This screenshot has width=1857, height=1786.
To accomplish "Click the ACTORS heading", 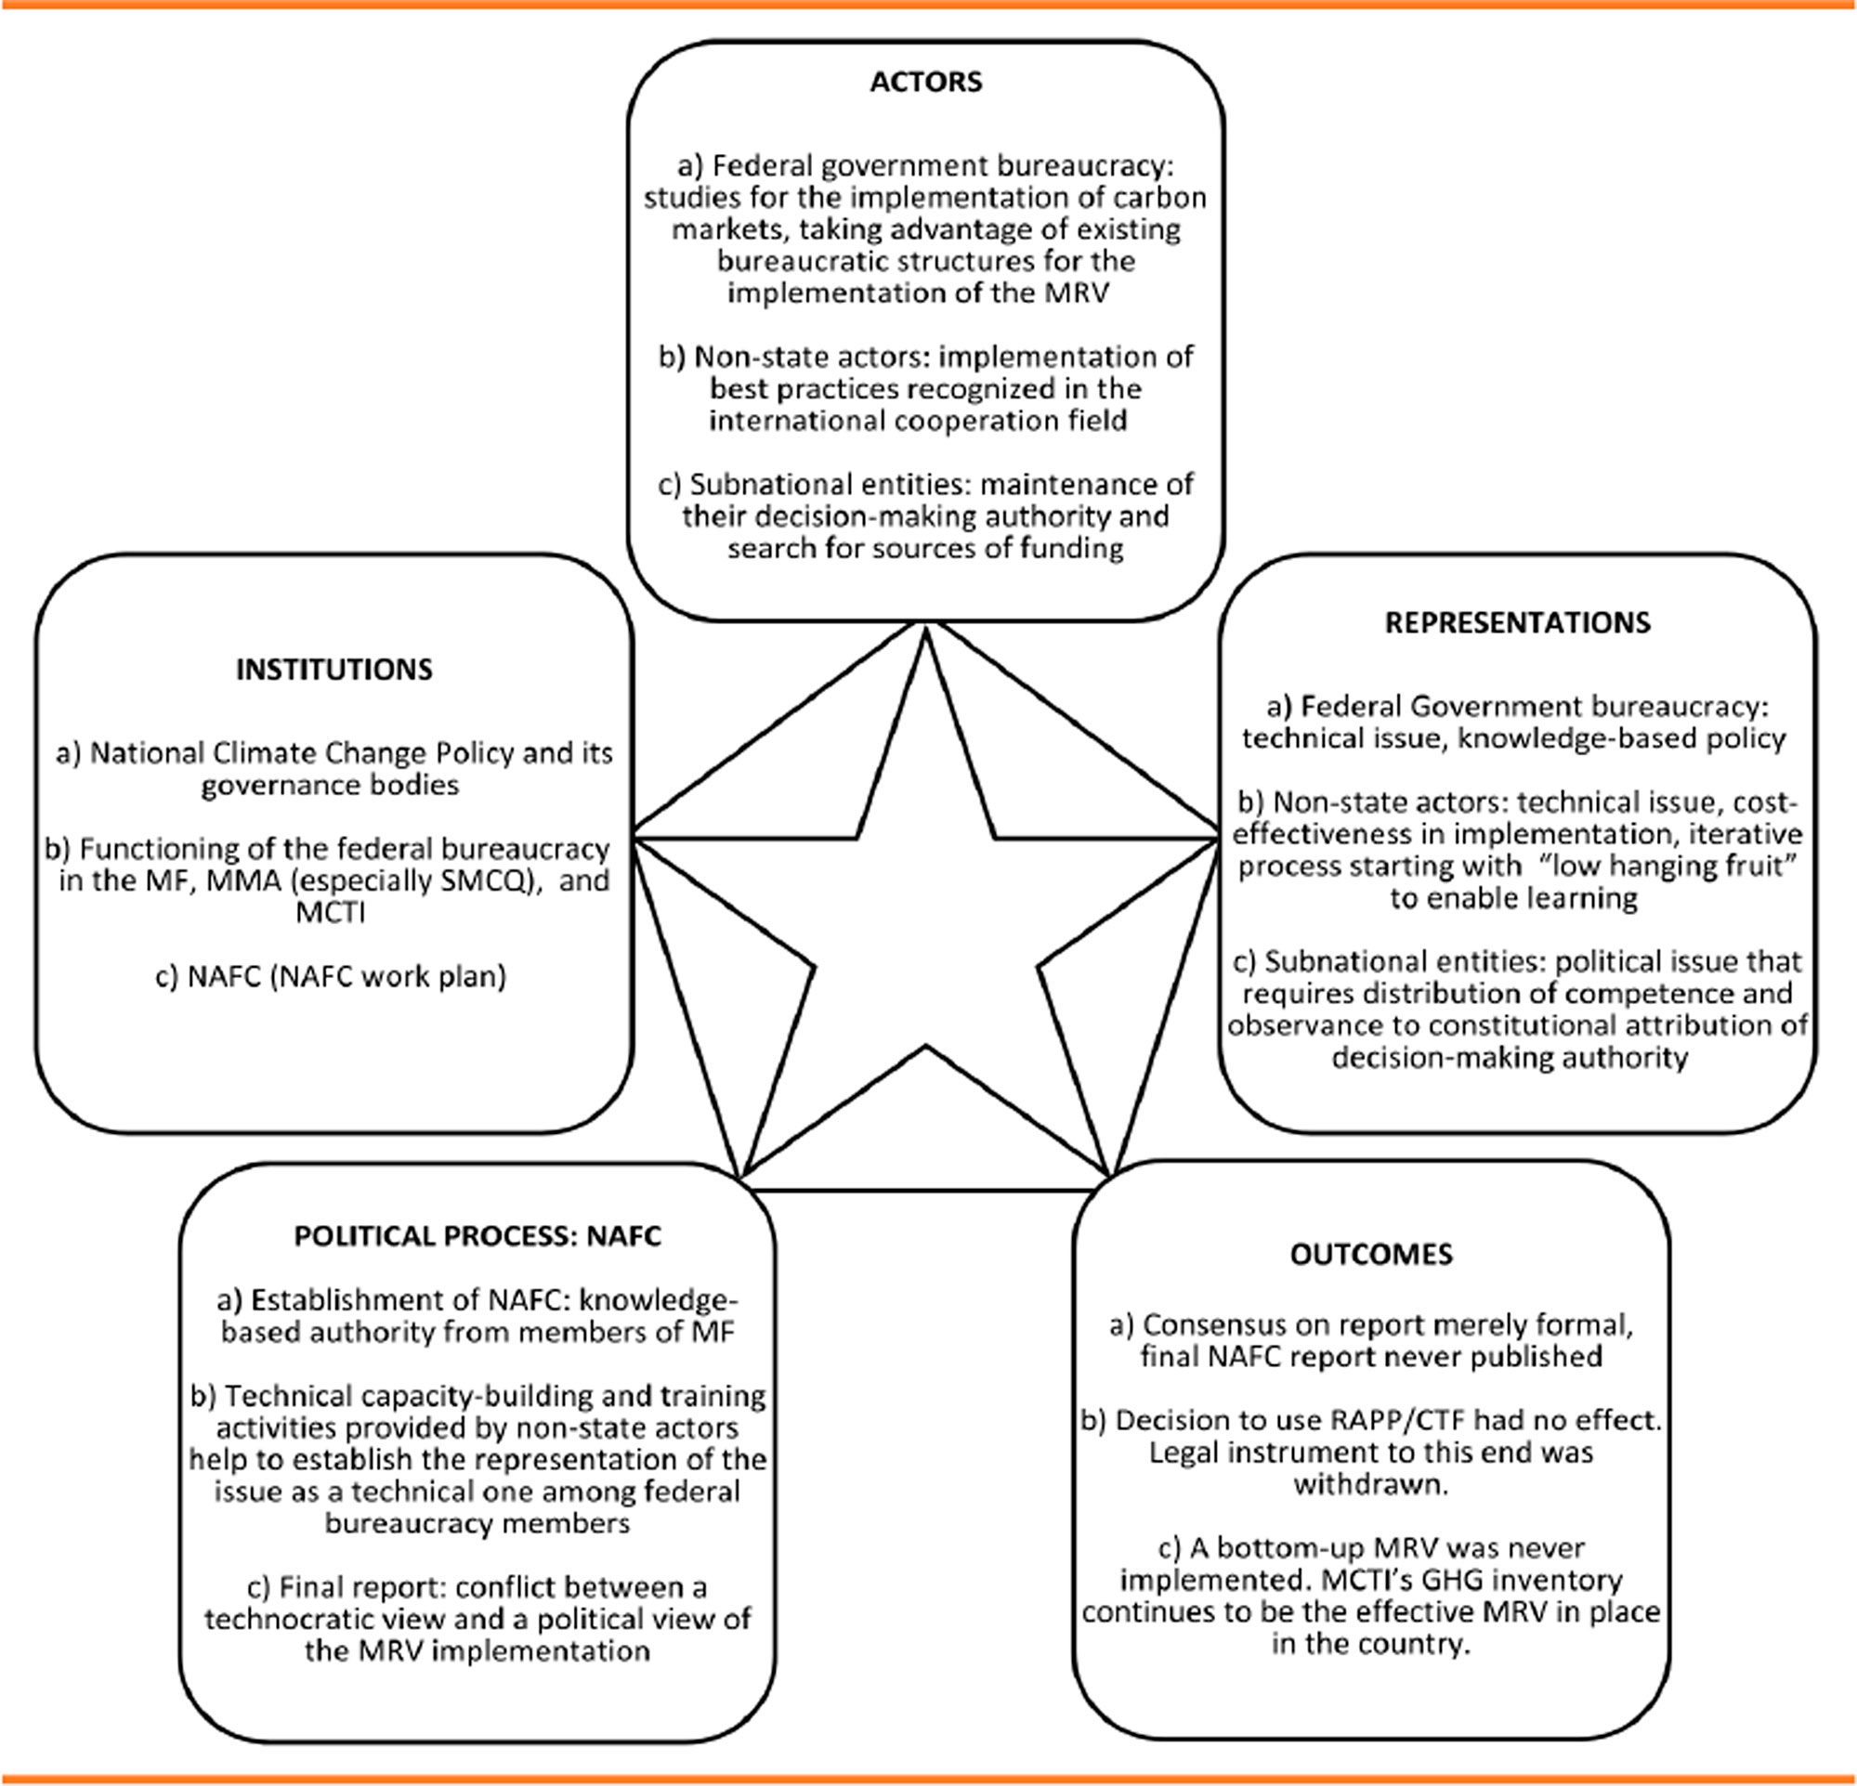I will [925, 83].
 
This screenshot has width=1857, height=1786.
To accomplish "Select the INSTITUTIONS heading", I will [333, 670].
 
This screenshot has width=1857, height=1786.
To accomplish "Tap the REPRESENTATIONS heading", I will [1517, 622].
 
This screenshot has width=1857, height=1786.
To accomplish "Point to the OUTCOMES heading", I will [1371, 1255].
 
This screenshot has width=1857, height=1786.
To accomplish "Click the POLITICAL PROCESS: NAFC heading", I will [477, 1236].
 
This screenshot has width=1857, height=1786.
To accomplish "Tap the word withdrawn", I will [1371, 1484].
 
